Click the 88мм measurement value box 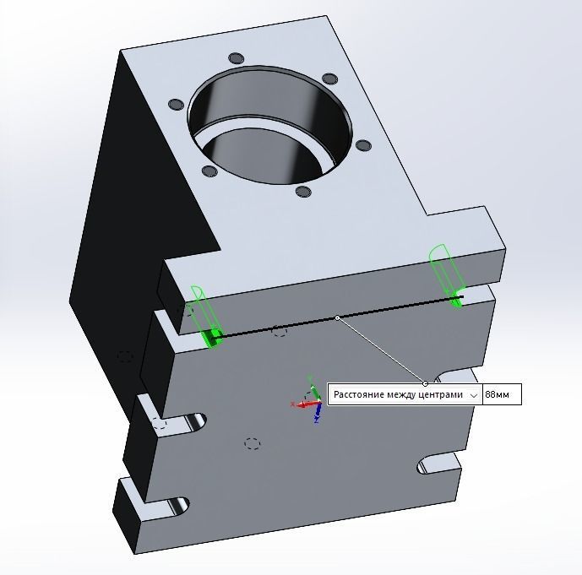(502, 395)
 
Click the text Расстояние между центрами (398, 395)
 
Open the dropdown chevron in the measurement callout (474, 395)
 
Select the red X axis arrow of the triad (302, 404)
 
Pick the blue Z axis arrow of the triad (317, 414)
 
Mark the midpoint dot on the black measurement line (337, 317)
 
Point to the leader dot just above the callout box (426, 383)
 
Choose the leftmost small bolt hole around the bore (176, 104)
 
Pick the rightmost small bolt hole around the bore (364, 146)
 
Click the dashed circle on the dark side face (125, 356)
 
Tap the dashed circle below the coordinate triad (251, 442)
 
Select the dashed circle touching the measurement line (280, 330)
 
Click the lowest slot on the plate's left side (173, 506)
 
